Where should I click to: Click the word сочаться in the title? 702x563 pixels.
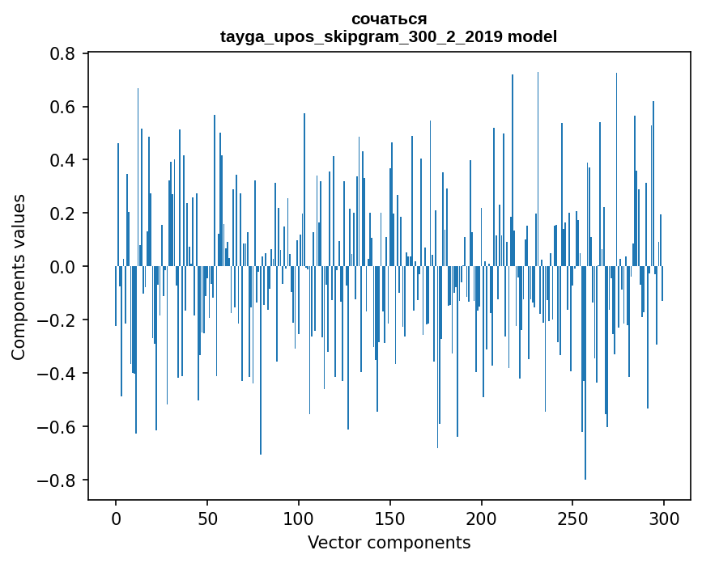(x=389, y=19)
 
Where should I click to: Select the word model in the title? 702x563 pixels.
(x=533, y=36)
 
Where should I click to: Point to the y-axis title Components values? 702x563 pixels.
(x=19, y=277)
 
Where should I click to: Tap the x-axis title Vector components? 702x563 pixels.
(x=389, y=542)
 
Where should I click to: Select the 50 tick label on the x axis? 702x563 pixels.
(x=207, y=518)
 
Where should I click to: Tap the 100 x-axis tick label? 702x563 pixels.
(x=299, y=518)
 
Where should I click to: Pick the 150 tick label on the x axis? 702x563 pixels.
(x=390, y=518)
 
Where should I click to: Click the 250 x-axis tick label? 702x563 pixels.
(x=572, y=518)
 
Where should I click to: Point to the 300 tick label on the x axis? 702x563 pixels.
(x=664, y=518)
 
